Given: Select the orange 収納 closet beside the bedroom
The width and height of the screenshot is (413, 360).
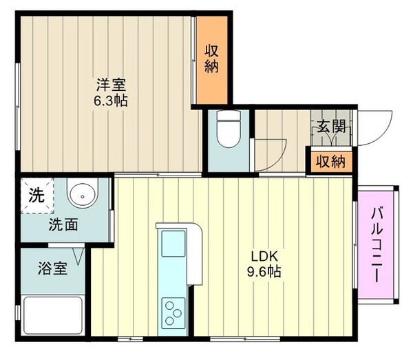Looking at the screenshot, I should [x=211, y=61].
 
